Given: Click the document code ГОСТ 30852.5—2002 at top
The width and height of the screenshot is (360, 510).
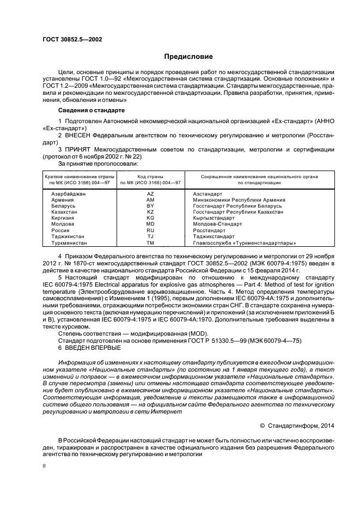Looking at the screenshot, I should coord(72,39).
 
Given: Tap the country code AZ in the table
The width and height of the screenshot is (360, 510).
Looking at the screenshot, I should coord(150,193).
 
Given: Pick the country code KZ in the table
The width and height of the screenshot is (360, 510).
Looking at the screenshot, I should coord(150,212).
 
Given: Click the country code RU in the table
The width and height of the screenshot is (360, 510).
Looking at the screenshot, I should coord(150,230).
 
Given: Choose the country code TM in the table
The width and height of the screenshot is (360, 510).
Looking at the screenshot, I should coord(150,243).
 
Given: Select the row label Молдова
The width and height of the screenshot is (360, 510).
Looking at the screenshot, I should coord(63,224).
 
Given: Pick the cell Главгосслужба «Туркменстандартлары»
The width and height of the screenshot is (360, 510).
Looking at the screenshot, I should coord(245,243).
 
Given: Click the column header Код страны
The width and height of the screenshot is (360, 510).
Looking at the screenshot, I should coord(150,177).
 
